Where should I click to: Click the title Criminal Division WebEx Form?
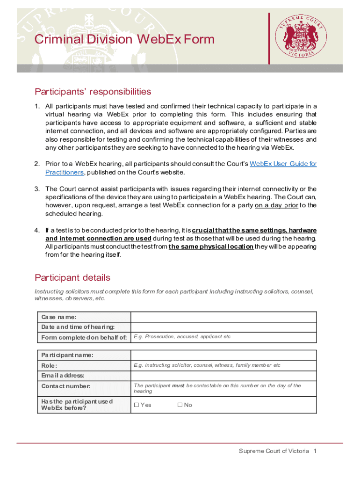pyautogui.click(x=124, y=39)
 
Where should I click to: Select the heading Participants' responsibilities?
pyautogui.click(x=93, y=91)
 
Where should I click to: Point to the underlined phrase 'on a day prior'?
pyautogui.click(x=276, y=205)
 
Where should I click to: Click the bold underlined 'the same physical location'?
pyautogui.click(x=211, y=247)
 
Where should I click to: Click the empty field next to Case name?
pyautogui.click(x=223, y=317)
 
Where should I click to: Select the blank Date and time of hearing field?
pyautogui.click(x=223, y=327)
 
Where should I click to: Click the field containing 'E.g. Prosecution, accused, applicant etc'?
pyautogui.click(x=223, y=337)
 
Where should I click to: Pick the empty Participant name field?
pyautogui.click(x=223, y=355)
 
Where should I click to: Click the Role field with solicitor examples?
pyautogui.click(x=223, y=365)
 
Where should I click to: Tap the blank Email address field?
pyautogui.click(x=223, y=376)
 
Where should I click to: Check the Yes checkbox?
pyautogui.click(x=137, y=405)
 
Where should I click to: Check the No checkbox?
pyautogui.click(x=180, y=405)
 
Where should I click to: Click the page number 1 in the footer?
pyautogui.click(x=316, y=451)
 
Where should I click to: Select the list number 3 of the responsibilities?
pyautogui.click(x=36, y=189)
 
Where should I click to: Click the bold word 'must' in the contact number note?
pyautogui.click(x=178, y=386)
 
